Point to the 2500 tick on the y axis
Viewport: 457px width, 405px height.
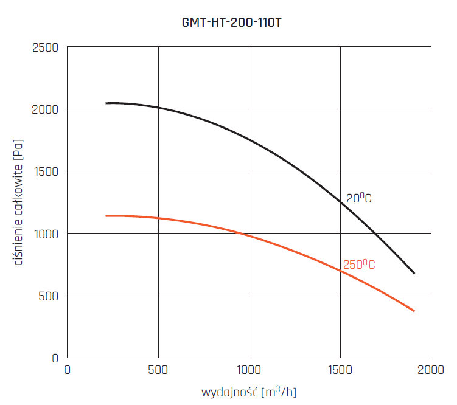coord(44,47)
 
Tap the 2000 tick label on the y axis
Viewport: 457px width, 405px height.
coord(44,109)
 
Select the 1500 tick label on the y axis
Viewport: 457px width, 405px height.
coord(45,171)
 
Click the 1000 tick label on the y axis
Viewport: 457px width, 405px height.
coord(45,234)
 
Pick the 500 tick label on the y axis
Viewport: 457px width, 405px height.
coord(49,296)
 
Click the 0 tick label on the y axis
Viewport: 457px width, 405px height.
coord(55,358)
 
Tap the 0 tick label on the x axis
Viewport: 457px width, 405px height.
coord(68,370)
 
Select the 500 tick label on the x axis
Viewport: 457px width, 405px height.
coord(158,370)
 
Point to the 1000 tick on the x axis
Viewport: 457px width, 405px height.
coord(249,370)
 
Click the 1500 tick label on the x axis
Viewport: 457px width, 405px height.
coord(340,370)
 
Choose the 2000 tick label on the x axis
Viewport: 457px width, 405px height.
coord(431,370)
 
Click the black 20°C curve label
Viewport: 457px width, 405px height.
coord(359,198)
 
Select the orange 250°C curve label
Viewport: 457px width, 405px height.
coord(359,265)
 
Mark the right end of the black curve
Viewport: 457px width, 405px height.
coord(414,274)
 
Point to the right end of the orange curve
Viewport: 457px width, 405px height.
coord(414,311)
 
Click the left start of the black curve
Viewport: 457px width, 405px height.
coord(106,103)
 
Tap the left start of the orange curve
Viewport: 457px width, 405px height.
coord(106,216)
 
